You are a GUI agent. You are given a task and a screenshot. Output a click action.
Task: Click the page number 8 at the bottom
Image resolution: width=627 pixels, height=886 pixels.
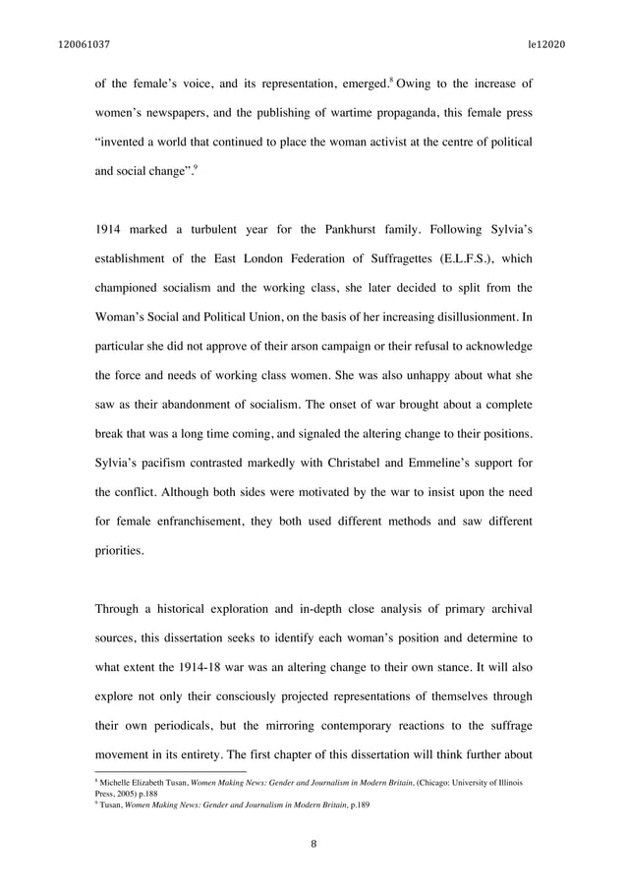pos(313,841)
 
